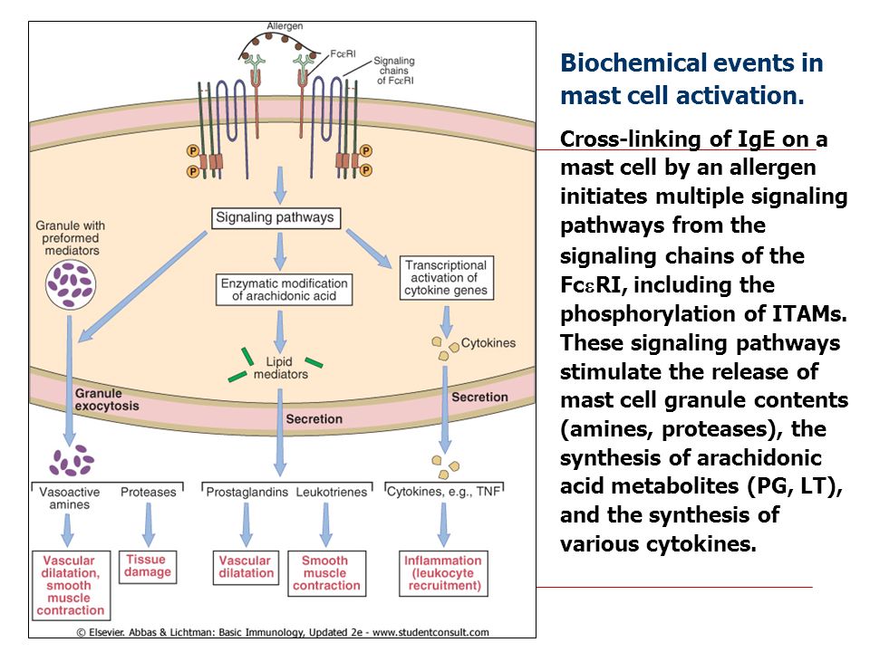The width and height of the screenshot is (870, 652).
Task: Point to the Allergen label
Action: point(285,26)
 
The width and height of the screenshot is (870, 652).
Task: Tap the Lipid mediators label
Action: point(280,368)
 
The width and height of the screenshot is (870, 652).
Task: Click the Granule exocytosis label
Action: point(107,399)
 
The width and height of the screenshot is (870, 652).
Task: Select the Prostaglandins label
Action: point(246,492)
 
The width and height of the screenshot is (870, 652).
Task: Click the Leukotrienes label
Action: point(332,492)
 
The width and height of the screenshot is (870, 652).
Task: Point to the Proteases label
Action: point(148,492)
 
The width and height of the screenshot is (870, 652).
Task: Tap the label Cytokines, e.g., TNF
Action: point(443,491)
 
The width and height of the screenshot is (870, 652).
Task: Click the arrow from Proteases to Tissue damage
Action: point(148,524)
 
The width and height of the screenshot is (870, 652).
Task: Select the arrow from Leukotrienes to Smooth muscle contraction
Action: point(326,524)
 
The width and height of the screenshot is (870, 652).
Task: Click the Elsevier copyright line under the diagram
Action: point(283,632)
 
